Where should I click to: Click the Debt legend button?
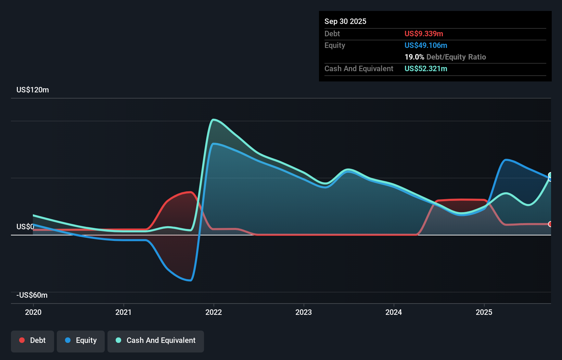coord(33,341)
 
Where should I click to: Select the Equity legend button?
coord(81,341)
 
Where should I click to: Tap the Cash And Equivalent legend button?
coord(156,341)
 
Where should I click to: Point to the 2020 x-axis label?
coord(33,312)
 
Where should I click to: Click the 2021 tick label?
coord(123,312)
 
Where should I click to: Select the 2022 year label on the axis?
coord(214,312)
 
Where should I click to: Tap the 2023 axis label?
coord(304,312)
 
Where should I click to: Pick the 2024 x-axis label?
coord(394,312)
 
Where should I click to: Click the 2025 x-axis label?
coord(484,312)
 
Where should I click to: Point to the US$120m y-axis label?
coord(33,90)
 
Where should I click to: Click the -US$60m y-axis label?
coord(32,295)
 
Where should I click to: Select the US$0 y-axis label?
coord(25,227)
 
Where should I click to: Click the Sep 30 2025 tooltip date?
coord(345,22)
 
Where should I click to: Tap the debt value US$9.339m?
coord(424,34)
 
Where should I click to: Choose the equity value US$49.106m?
coord(426,46)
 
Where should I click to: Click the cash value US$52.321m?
coord(426,69)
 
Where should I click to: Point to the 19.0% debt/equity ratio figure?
coord(414,57)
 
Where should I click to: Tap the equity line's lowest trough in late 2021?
coord(190,281)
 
